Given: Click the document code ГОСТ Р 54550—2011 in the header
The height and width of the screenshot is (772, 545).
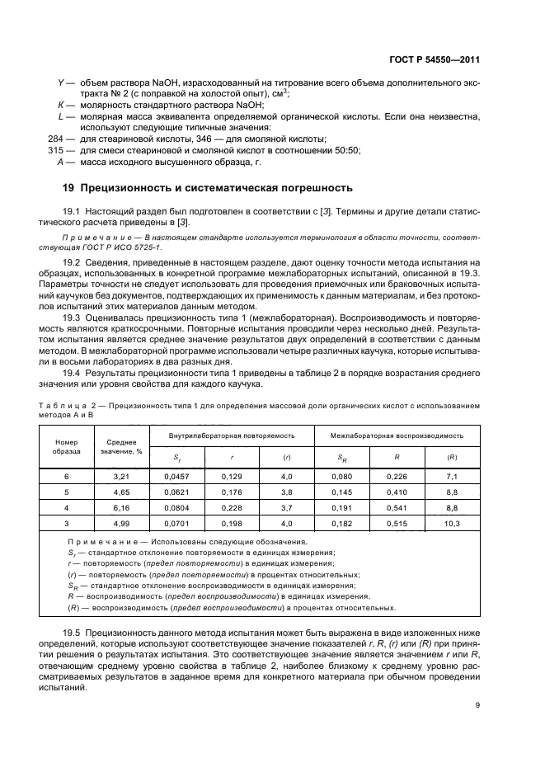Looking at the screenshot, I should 435,59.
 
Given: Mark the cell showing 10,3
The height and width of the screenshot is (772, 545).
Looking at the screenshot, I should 451,523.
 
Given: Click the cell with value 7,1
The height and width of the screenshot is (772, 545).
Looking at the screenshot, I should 451,477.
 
